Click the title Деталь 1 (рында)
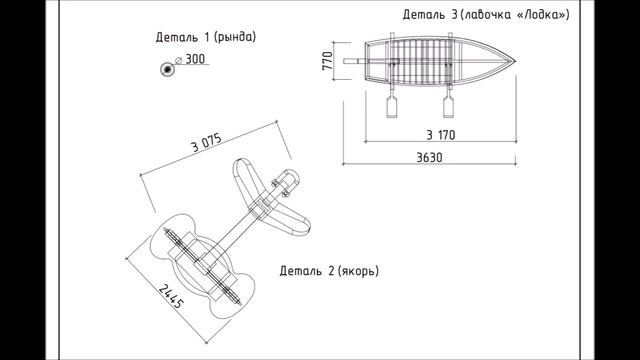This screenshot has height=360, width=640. (x=206, y=37)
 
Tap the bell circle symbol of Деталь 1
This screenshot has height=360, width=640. (x=167, y=70)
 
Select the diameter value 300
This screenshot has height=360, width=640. (x=195, y=59)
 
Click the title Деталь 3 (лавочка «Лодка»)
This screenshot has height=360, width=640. (x=486, y=15)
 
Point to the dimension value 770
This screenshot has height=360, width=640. (x=327, y=60)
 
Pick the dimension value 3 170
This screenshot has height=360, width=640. (x=441, y=135)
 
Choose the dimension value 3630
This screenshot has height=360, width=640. (x=429, y=158)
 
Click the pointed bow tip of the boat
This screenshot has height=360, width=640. (x=516, y=61)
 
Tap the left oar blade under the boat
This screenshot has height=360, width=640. (x=392, y=108)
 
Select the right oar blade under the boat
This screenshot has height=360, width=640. (x=448, y=108)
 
